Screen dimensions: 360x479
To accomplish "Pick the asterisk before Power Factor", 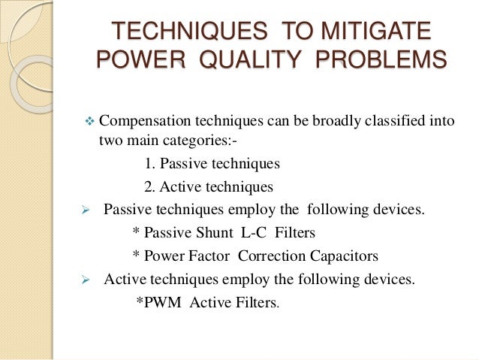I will (134, 255).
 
